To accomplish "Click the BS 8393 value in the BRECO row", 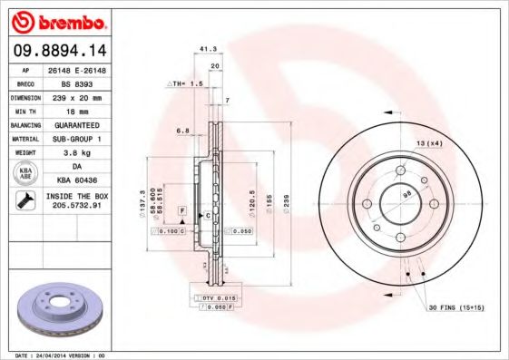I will click(87, 82).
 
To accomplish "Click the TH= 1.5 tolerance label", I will click(184, 83).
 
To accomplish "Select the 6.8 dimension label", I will click(182, 131).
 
